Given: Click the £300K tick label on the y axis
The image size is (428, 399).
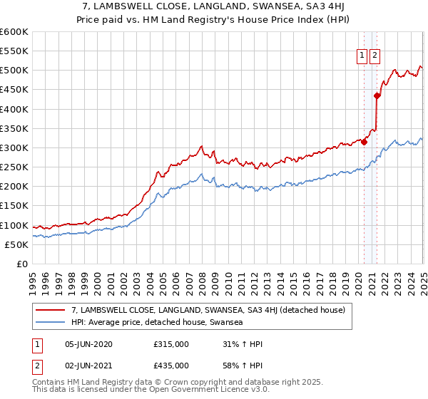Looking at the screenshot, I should point(14,147).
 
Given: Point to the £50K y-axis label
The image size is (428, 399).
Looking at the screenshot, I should point(16,244).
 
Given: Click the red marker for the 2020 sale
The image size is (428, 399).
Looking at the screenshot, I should point(364,142).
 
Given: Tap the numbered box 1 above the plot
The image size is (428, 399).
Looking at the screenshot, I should point(362,57).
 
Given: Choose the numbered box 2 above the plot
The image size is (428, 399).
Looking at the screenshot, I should point(374,57).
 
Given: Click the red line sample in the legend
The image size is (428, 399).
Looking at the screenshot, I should point(51,310).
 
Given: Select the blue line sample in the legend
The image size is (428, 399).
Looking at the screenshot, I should point(51,322).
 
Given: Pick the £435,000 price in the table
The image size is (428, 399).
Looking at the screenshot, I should point(171,367).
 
